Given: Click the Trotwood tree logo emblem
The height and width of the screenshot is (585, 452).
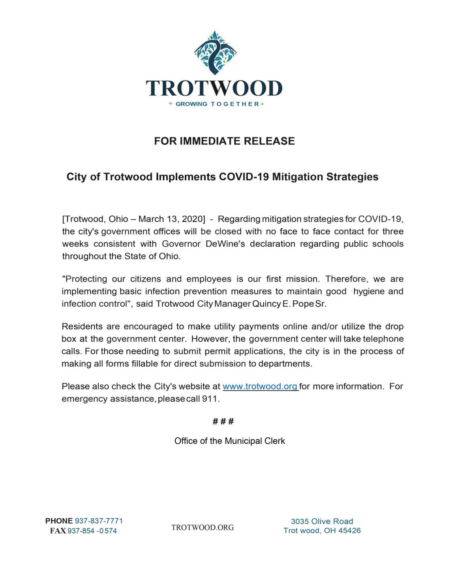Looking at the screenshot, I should pos(215,53).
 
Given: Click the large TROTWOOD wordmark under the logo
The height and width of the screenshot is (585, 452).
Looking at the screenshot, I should pos(214,89).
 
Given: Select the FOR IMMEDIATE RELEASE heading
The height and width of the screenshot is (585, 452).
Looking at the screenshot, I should pos(224,141).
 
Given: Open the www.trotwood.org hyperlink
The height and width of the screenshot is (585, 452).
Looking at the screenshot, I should pos(261,386).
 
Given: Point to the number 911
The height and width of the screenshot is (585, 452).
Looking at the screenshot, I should pos(210,399).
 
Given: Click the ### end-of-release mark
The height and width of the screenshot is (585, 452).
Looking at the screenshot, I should pos(223,422).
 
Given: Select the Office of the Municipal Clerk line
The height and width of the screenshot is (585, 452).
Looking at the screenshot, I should pos(229,441).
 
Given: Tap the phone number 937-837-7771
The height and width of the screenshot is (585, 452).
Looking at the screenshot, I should pos(99,521).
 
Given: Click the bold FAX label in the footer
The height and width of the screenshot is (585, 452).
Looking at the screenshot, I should pos(58,531).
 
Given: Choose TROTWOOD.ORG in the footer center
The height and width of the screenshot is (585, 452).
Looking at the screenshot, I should pos(203,527).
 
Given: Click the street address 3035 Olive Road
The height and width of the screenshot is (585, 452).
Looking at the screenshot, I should pos(322,521).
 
